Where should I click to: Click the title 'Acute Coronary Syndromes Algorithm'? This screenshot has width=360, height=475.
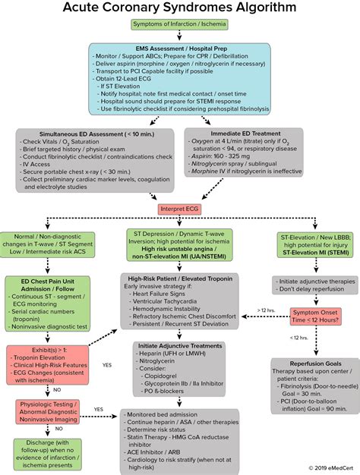[179, 9]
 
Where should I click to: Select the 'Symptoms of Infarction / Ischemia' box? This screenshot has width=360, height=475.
[179, 30]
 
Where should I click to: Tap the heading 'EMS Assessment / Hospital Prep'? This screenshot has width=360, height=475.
[179, 49]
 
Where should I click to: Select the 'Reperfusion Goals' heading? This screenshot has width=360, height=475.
[311, 364]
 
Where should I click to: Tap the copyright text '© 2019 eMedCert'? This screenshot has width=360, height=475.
[330, 468]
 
